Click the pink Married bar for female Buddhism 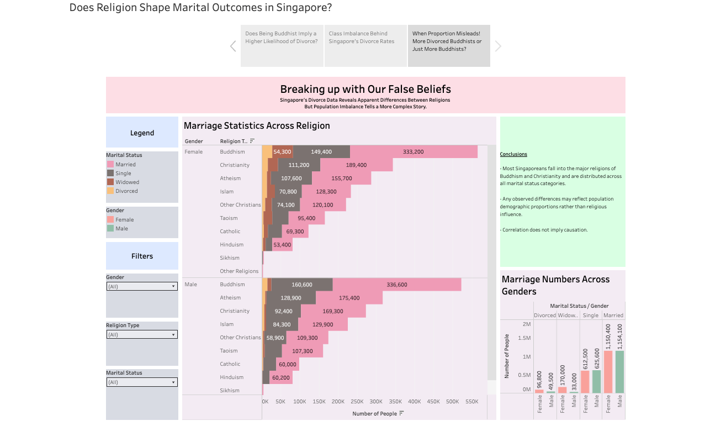point(413,152)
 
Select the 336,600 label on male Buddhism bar point(397,285)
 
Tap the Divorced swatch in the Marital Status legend point(110,191)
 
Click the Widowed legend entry point(127,182)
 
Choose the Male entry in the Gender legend point(121,229)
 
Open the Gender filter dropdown point(142,287)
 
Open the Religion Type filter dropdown point(142,335)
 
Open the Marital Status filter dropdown point(142,382)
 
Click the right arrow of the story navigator point(498,46)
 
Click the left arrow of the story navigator point(233,46)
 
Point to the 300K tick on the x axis point(376,402)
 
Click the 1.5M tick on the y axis point(524,338)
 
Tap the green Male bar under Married point(620,372)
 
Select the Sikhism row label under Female point(230,258)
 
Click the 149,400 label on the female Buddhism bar point(321,152)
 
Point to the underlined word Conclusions point(513,154)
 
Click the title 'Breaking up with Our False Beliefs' point(365,89)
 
